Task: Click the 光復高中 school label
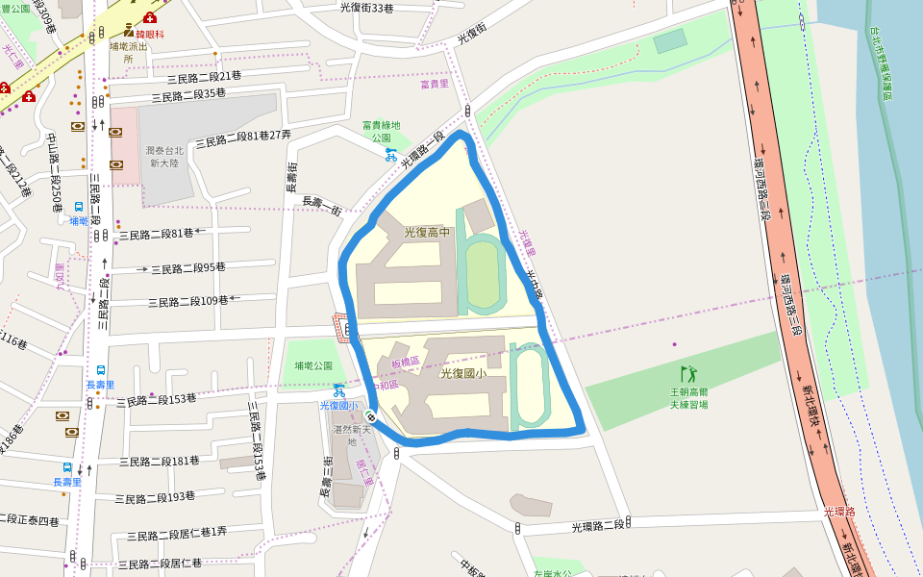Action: pyautogui.click(x=427, y=232)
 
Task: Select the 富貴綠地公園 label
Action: pyautogui.click(x=381, y=131)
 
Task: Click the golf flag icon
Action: pyautogui.click(x=687, y=374)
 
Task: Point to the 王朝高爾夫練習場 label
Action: pyautogui.click(x=688, y=398)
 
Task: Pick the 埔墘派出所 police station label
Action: pyautogui.click(x=128, y=51)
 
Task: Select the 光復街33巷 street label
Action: pyautogui.click(x=366, y=8)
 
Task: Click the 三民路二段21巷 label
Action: pyautogui.click(x=204, y=76)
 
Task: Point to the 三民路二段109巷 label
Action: pyautogui.click(x=187, y=301)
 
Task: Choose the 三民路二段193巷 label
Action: pyautogui.click(x=155, y=497)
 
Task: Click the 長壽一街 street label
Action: pyautogui.click(x=322, y=206)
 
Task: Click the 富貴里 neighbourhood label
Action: pyautogui.click(x=435, y=85)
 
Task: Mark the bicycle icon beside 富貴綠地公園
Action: pyautogui.click(x=390, y=153)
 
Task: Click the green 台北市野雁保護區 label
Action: pyautogui.click(x=886, y=63)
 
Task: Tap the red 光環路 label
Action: pyautogui.click(x=839, y=513)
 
